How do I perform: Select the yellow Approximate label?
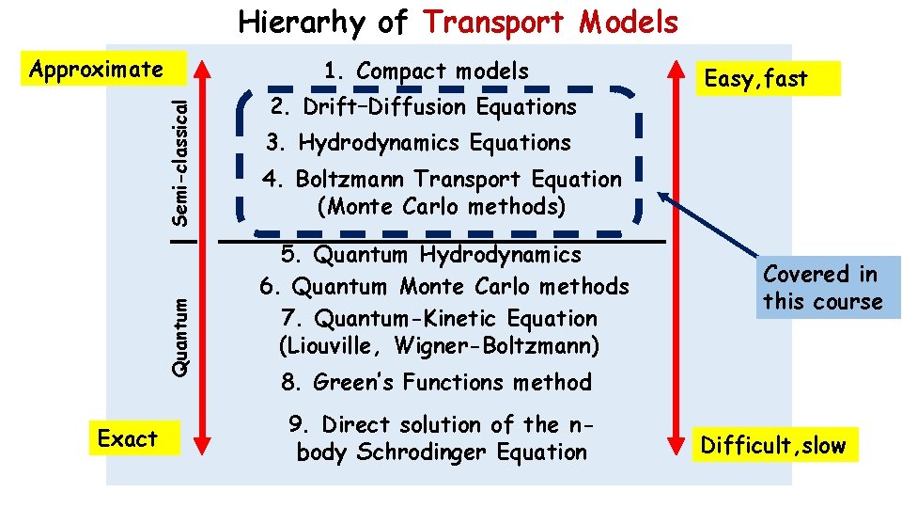(97, 70)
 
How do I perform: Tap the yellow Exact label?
(128, 438)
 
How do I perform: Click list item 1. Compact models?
(426, 71)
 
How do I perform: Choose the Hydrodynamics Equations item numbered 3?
(418, 143)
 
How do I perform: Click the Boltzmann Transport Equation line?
(443, 179)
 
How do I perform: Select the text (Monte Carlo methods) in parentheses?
(442, 206)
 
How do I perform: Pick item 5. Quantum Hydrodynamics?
(431, 254)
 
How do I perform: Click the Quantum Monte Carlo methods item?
(443, 286)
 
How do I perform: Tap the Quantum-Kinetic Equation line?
(439, 318)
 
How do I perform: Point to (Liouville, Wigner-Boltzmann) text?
(439, 346)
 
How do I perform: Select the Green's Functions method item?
(436, 382)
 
